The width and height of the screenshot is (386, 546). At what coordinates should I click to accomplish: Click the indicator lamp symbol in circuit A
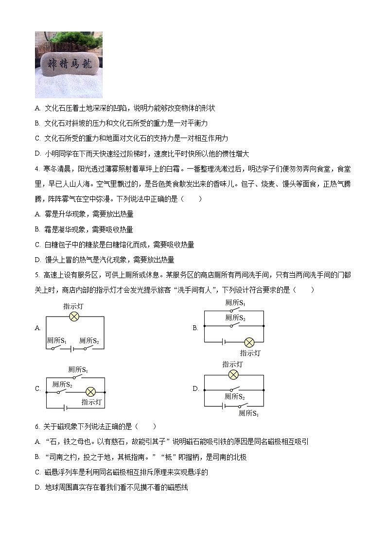pos(74,317)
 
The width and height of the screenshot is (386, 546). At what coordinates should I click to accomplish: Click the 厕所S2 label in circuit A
pos(89,341)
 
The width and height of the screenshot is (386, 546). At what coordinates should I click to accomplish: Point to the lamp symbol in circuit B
pos(249,342)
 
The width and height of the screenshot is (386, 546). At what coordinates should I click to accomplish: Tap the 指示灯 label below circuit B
pos(250,353)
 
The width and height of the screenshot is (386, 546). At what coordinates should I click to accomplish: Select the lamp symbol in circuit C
pos(90,391)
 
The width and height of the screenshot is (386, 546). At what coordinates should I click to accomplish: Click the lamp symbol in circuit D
pos(233,374)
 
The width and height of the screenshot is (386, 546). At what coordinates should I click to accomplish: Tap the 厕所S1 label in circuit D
pos(249,413)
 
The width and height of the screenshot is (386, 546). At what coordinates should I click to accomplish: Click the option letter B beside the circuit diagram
pos(195,328)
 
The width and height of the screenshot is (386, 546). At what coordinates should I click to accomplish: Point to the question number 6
pos(37,426)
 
